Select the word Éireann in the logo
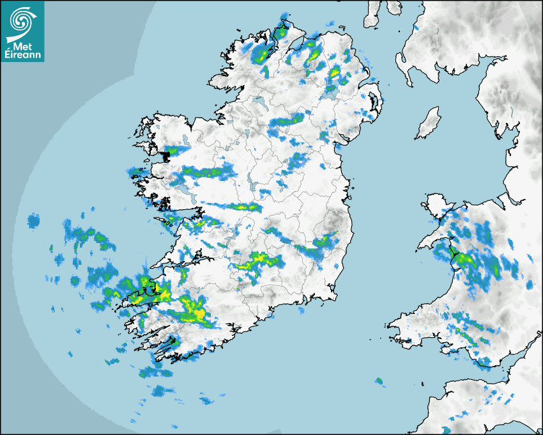click(23, 55)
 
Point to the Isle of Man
click(429, 123)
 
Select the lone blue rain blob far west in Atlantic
click(33, 221)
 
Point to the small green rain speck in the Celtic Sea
click(379, 381)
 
